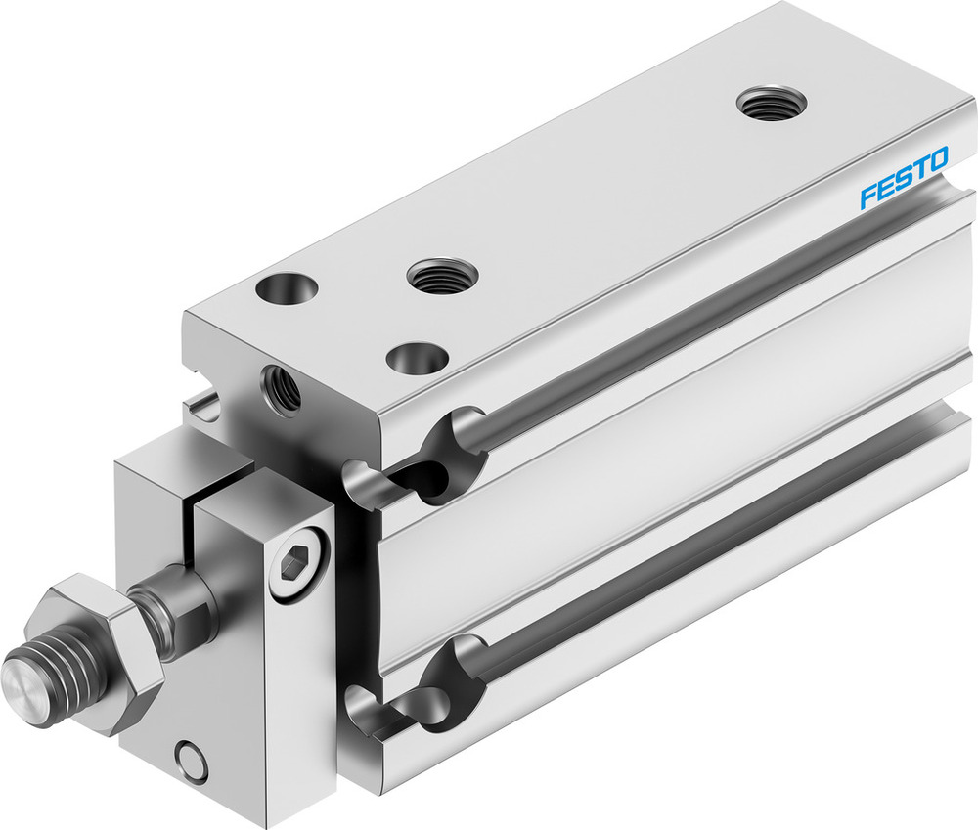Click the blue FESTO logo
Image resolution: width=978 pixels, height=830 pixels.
[x=903, y=177]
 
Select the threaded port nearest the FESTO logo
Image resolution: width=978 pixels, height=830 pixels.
[x=772, y=101]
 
